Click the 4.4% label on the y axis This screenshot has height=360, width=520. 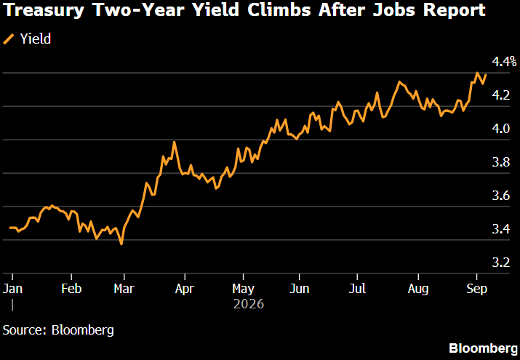pos(504,62)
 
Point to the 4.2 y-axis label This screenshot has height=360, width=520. pos(501,95)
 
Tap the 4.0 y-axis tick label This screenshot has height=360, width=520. pos(501,129)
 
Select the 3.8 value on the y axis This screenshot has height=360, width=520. pos(501,162)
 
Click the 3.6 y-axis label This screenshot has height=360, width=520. pos(501,196)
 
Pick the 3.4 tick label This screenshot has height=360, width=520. pos(501,229)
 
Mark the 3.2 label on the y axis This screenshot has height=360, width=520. pos(501,263)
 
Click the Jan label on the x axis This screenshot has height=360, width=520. pos(12,289)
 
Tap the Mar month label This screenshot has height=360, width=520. pos(124,289)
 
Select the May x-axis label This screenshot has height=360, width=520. pos(243,289)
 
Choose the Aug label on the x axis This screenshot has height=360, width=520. pos(418,289)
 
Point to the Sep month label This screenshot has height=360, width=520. pos(477,289)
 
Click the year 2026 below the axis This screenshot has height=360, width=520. pos(249,304)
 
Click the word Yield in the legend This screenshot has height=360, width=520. pos(36,39)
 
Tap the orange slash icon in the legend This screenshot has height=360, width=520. pos(9,39)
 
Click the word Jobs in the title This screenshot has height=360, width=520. pos(393,10)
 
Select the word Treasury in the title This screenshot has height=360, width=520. pos(44,11)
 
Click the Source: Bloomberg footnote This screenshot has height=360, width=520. pos(58,330)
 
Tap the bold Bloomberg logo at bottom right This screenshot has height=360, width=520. pos(483,348)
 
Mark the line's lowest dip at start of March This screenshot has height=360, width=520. pos(121,244)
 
